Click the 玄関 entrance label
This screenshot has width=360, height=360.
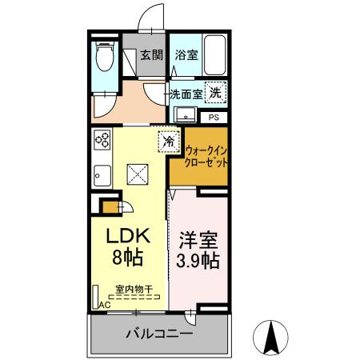click(151, 55)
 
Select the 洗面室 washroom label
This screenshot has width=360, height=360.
click(186, 94)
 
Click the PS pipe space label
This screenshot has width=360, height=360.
click(214, 117)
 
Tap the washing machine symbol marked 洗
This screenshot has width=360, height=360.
click(214, 93)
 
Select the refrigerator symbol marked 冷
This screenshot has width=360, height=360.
click(170, 141)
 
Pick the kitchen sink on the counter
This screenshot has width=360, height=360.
click(102, 174)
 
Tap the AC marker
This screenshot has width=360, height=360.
click(104, 305)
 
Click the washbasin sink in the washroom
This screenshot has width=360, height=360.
click(183, 113)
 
